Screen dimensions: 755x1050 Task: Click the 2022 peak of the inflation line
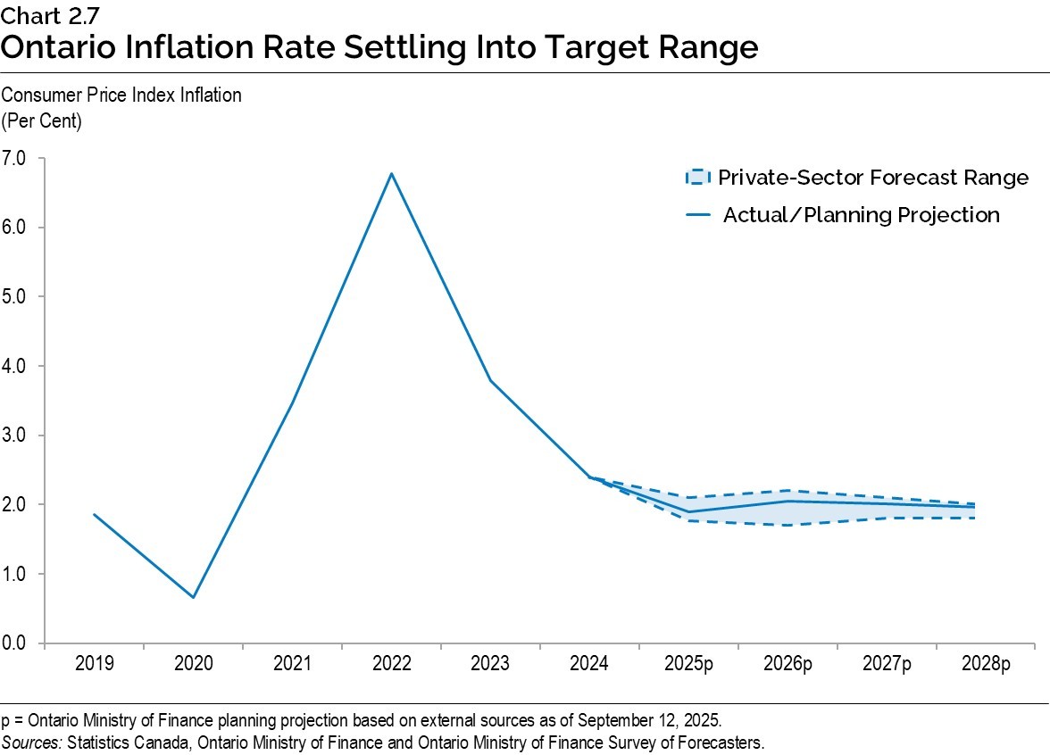[x=391, y=173]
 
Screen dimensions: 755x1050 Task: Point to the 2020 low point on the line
[x=193, y=597]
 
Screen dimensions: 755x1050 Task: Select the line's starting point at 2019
[x=94, y=514]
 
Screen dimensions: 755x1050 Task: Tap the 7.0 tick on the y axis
[x=16, y=158]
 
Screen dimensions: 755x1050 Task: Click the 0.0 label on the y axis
[x=16, y=643]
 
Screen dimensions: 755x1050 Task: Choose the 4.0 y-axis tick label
[x=16, y=366]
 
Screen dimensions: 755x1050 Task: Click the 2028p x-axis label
[x=986, y=664]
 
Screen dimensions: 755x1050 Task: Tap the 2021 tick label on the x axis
[x=292, y=664]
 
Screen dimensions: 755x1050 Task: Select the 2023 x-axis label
[x=490, y=664]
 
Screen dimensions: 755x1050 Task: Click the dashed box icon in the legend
[x=696, y=178]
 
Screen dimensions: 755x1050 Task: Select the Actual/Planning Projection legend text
[x=861, y=215]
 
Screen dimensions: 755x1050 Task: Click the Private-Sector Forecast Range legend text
[x=873, y=178]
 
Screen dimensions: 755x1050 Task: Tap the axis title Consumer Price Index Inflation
[x=121, y=95]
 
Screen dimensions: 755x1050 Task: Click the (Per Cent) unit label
[x=42, y=121]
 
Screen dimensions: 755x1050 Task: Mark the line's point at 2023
[x=490, y=381]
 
